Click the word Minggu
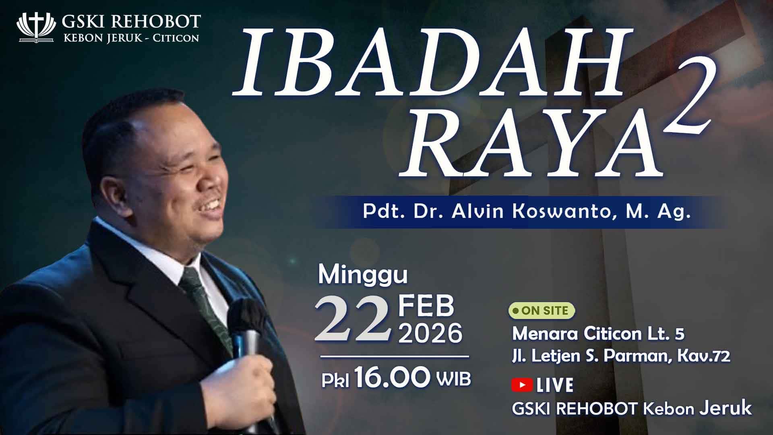click(363, 275)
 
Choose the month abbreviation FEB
click(426, 306)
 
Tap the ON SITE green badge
click(542, 311)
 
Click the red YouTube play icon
click(522, 385)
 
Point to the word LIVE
click(555, 385)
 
